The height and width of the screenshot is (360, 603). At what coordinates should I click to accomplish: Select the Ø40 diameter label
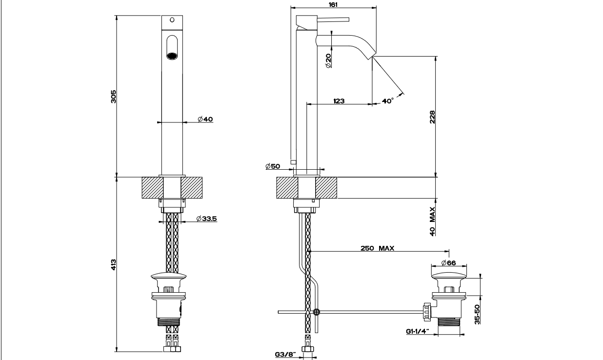click(x=205, y=119)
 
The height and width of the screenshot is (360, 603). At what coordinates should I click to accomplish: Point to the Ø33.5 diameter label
click(x=206, y=219)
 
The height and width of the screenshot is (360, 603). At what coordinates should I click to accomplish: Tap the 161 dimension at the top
click(x=333, y=3)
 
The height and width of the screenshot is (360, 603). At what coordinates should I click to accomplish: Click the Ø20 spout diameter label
click(x=328, y=60)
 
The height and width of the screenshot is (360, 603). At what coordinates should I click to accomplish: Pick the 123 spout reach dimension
click(x=339, y=101)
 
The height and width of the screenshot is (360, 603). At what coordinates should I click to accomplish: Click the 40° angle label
click(x=387, y=101)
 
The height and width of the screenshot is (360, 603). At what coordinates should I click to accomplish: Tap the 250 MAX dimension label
click(x=379, y=248)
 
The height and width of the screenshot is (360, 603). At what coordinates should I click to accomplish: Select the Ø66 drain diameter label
click(x=448, y=263)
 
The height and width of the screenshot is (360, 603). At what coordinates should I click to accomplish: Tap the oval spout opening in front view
click(x=172, y=48)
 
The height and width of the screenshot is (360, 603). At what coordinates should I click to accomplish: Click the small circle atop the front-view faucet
click(x=172, y=20)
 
